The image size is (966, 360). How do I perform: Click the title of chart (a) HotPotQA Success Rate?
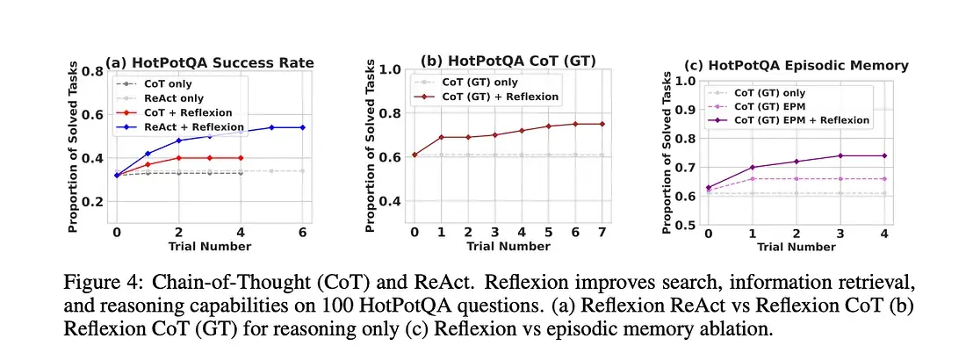(x=210, y=62)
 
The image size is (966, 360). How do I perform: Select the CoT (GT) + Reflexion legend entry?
(x=497, y=97)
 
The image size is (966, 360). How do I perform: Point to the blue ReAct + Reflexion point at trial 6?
(x=302, y=127)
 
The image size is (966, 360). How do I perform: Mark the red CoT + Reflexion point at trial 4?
(x=240, y=158)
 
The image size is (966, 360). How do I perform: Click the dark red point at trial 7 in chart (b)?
(x=601, y=124)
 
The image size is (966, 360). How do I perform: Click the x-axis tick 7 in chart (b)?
(x=601, y=234)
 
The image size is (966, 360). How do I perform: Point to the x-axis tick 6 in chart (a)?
(x=302, y=233)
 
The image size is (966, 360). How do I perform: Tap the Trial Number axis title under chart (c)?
(x=796, y=247)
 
